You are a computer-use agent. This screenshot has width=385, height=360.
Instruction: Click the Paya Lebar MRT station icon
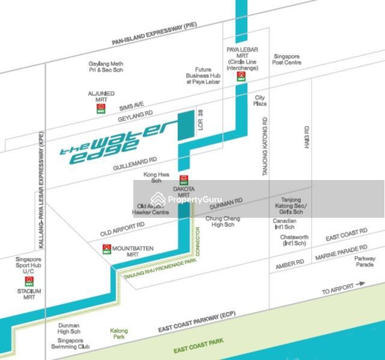click(x=241, y=76)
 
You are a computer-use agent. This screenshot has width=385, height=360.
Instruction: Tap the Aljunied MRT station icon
click(x=100, y=108)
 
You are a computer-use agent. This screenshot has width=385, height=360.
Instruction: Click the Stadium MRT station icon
click(x=29, y=280)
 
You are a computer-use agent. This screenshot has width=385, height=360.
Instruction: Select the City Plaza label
click(x=260, y=100)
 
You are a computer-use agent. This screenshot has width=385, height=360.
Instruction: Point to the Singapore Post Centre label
click(x=287, y=59)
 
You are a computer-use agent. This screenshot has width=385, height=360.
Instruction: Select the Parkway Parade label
click(x=364, y=262)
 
